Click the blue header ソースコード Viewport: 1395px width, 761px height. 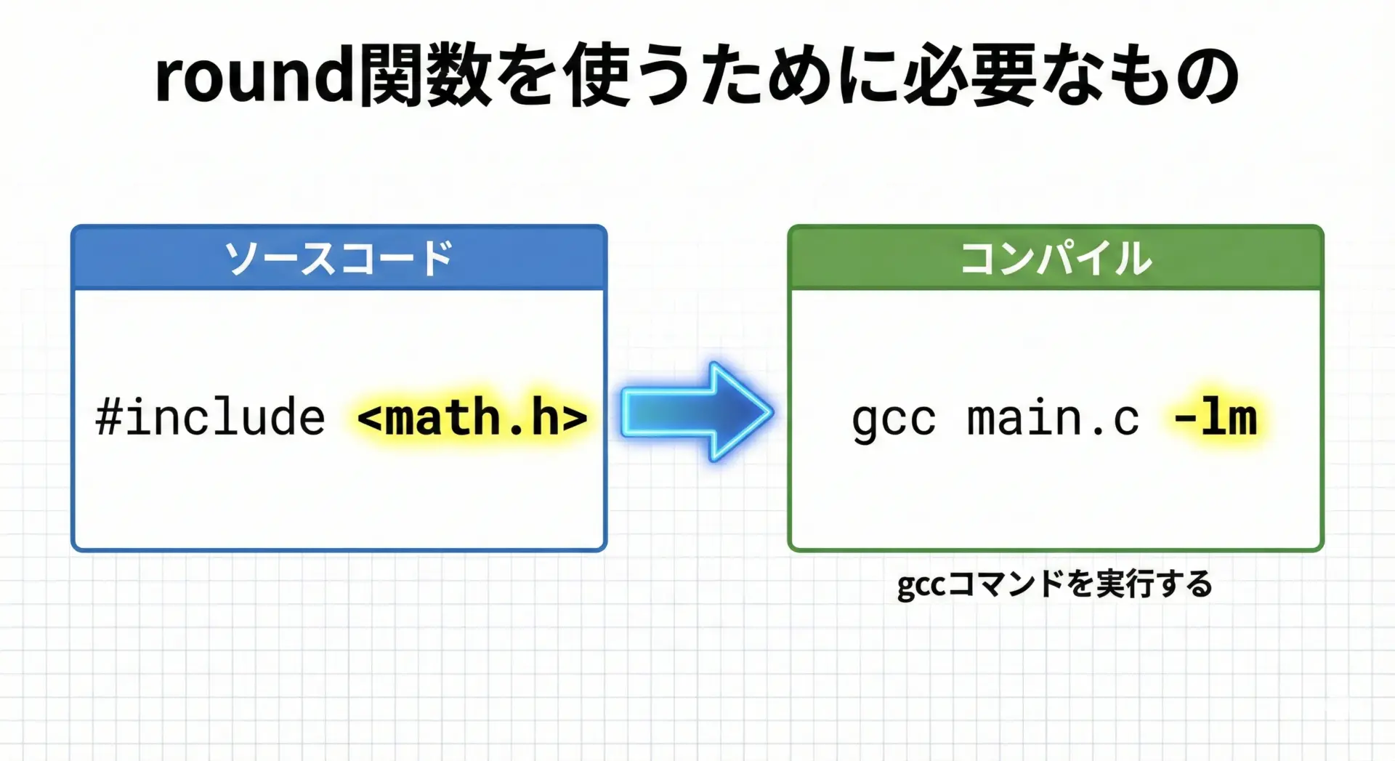tap(339, 258)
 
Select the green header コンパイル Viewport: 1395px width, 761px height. tap(1056, 258)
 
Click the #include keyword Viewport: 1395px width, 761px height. tap(210, 416)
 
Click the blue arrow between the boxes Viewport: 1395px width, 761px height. tap(697, 412)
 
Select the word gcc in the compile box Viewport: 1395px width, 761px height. tap(894, 421)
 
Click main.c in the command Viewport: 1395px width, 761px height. tap(1053, 418)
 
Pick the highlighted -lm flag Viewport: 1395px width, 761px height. tap(1216, 416)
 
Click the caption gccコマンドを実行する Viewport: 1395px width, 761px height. tap(1055, 584)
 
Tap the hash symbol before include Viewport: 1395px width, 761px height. tap(109, 417)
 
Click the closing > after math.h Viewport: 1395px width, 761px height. tap(575, 418)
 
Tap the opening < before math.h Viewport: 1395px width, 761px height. tap(370, 418)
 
